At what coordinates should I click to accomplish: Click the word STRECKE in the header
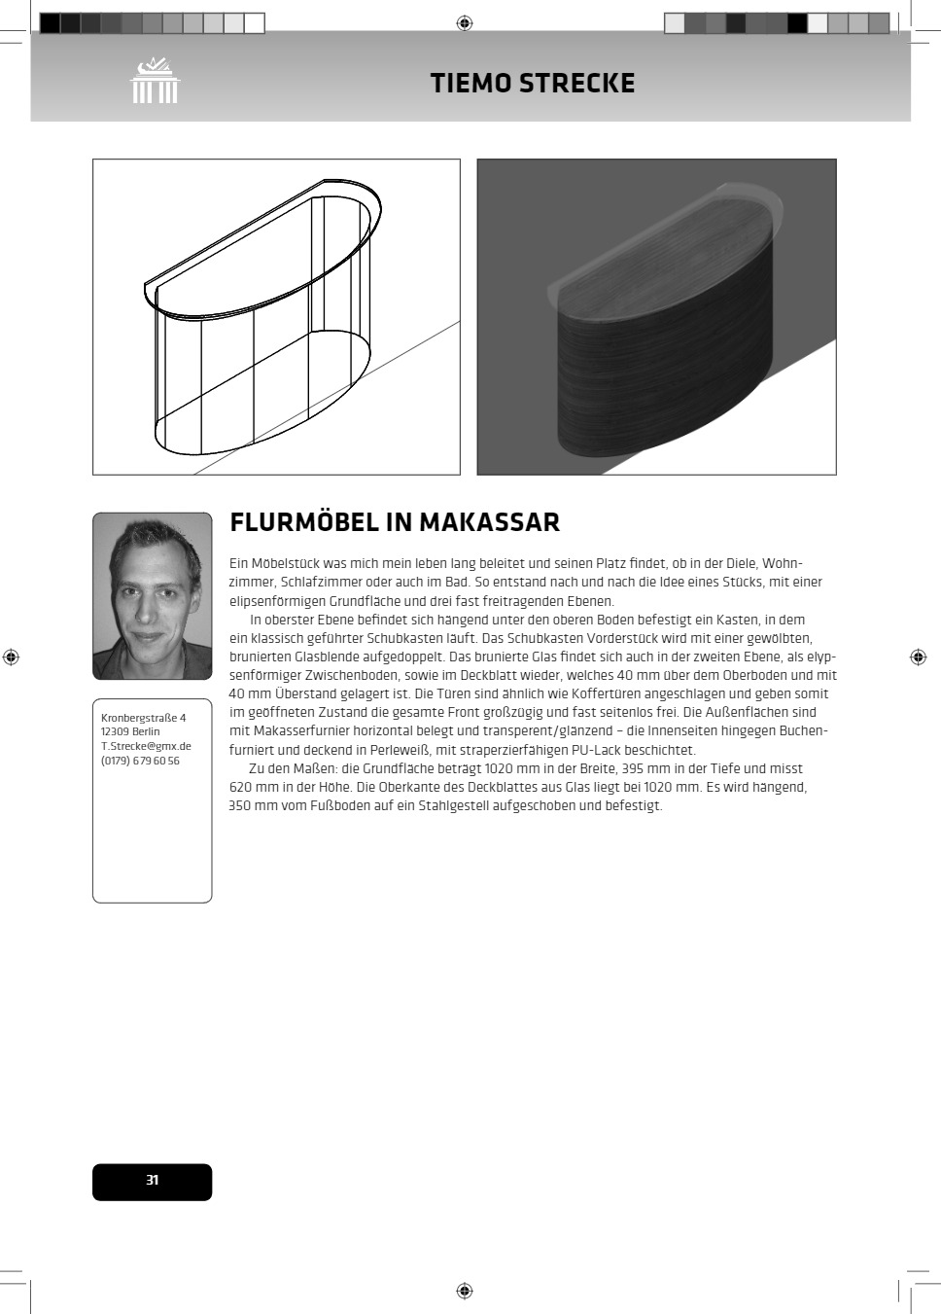point(576,84)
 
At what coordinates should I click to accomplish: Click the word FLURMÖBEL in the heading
point(303,522)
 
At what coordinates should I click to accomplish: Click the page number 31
point(153,1181)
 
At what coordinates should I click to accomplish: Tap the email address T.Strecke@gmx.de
point(146,747)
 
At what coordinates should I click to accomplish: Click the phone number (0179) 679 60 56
point(140,762)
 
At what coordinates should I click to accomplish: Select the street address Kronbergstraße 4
point(143,718)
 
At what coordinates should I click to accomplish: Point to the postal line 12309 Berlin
point(130,732)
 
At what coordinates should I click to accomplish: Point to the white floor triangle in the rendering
point(758,428)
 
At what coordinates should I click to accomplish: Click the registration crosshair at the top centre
point(465,22)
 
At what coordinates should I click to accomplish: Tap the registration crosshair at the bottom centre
point(465,1291)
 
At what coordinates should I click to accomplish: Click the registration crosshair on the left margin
point(12,657)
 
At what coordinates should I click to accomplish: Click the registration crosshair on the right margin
point(918,657)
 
